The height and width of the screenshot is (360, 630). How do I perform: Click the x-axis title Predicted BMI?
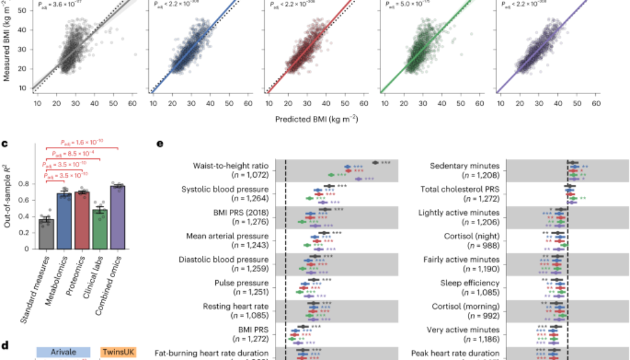tap(316, 118)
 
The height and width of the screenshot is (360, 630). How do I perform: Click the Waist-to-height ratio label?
tap(231, 166)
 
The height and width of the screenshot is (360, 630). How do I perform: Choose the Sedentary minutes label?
tap(466, 166)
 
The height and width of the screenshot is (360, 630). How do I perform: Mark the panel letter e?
tap(159, 144)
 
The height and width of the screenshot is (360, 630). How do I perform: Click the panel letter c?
tap(5, 144)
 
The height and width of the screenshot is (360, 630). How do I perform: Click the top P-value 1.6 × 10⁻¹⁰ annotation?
tap(82, 142)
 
